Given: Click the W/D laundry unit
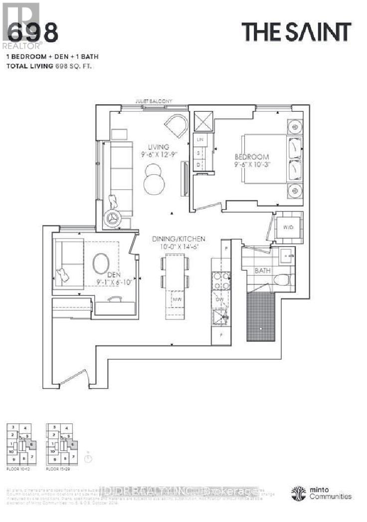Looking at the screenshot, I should [288, 228].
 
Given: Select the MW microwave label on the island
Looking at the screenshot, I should [176, 299].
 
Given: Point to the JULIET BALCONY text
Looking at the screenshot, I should [154, 101].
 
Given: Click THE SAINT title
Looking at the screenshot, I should [296, 32].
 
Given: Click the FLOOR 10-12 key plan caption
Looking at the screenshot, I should [18, 470].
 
